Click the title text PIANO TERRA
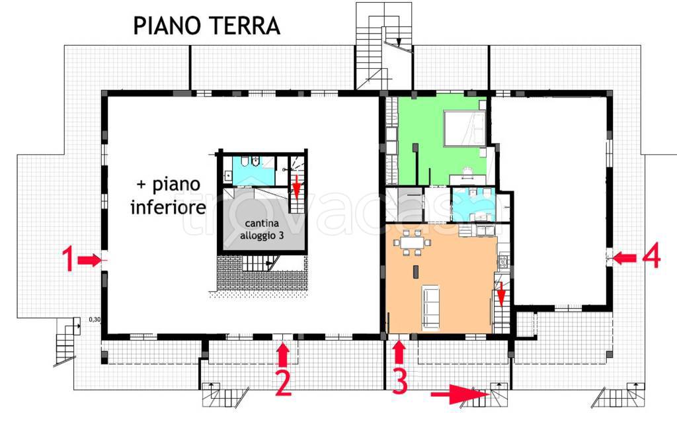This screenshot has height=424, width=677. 206,26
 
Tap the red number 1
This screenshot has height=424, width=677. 67,259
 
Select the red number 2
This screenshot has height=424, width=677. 283,383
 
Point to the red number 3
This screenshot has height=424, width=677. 399,382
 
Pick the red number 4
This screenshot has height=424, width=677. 651,257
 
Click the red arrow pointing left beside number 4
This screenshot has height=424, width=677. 625,258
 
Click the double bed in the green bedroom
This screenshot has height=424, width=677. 465,128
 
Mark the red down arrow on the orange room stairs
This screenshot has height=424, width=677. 501,295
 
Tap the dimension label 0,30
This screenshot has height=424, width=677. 95,320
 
